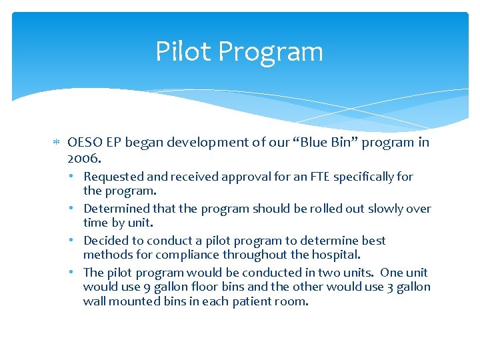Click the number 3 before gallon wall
point(390,287)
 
